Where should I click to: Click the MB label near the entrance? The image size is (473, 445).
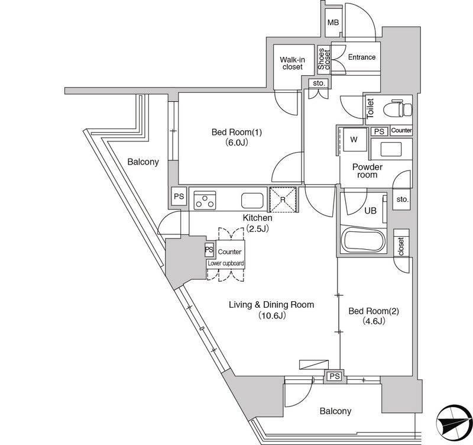pos(333,22)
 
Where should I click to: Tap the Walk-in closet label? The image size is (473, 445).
pos(292,63)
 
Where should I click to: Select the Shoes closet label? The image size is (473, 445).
pos(324,59)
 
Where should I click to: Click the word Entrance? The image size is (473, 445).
pos(362,57)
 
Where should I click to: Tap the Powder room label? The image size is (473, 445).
pos(367,171)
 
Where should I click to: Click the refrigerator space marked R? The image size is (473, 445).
pos(283,199)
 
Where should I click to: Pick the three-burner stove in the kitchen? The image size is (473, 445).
pos(205,200)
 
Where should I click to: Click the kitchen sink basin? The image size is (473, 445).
pos(252,201)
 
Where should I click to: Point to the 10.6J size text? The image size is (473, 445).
pos(271,316)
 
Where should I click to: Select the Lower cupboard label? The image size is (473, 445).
pos(225,263)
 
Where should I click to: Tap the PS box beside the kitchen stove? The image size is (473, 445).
pos(179,196)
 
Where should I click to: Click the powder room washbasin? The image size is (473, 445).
pos(391,149)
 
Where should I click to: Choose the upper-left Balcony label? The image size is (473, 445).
pos(143,162)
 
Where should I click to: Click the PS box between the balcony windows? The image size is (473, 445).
pos(335,376)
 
